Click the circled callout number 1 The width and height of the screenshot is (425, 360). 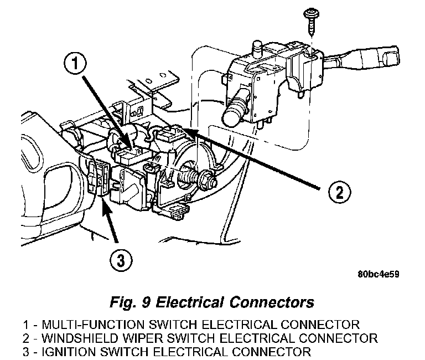point(75,64)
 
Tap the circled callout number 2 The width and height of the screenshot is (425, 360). point(339,192)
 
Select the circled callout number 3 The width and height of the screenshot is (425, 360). point(121,260)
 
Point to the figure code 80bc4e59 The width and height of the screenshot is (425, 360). point(379,274)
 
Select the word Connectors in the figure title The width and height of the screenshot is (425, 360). point(272,302)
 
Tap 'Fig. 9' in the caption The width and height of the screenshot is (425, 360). point(129,303)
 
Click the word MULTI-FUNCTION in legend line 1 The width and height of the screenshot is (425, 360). point(93,325)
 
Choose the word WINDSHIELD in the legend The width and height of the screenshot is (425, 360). point(80,338)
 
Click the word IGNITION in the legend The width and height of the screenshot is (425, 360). point(69,352)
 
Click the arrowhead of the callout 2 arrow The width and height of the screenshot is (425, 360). point(191,131)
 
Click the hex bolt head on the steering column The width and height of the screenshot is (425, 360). point(208,179)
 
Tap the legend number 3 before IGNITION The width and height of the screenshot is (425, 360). point(26,352)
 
